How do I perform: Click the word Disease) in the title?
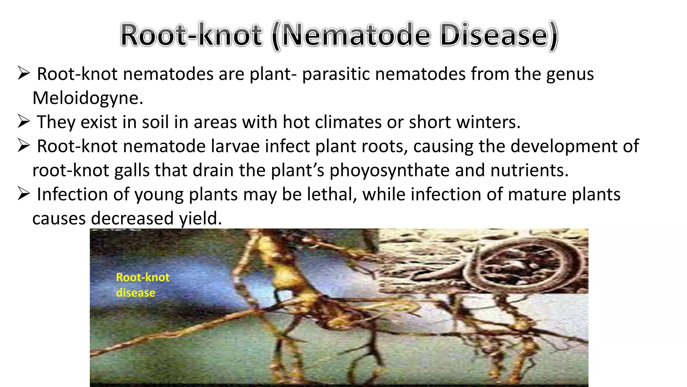coord(498,35)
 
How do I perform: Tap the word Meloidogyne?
coord(88,98)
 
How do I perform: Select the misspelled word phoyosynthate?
coord(389,170)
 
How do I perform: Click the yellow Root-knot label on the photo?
coord(143,277)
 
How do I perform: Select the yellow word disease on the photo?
coord(136,293)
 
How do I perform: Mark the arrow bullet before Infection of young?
coord(24,193)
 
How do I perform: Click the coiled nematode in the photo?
coord(523,265)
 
